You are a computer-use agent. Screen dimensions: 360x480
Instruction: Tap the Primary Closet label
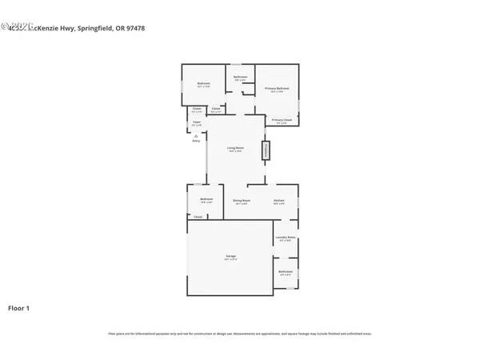click(281, 120)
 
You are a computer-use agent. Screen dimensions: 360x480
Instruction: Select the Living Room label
click(235, 148)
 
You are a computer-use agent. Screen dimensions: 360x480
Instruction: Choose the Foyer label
click(197, 122)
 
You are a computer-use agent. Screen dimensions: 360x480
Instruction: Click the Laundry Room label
click(286, 238)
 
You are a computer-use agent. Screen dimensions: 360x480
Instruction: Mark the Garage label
click(230, 256)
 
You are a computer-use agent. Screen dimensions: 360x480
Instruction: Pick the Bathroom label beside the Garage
click(286, 271)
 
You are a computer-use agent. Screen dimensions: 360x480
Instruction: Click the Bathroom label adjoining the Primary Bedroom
click(240, 77)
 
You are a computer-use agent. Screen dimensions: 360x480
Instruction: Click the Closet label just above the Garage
click(198, 216)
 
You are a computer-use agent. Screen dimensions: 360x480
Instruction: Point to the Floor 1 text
click(19, 307)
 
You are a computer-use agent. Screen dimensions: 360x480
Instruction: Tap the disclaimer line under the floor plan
click(239, 334)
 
